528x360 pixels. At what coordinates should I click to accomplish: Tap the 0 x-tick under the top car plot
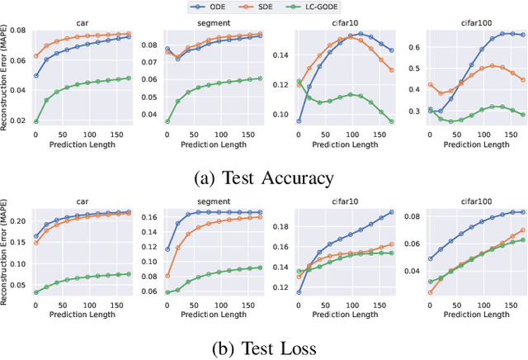tap(35, 133)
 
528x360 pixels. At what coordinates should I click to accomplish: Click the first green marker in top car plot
tap(35, 121)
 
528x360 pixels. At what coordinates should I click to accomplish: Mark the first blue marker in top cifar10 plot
tap(299, 121)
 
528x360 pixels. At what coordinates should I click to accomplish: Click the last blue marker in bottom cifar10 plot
tap(391, 212)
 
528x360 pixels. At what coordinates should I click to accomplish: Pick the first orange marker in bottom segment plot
tap(167, 276)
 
